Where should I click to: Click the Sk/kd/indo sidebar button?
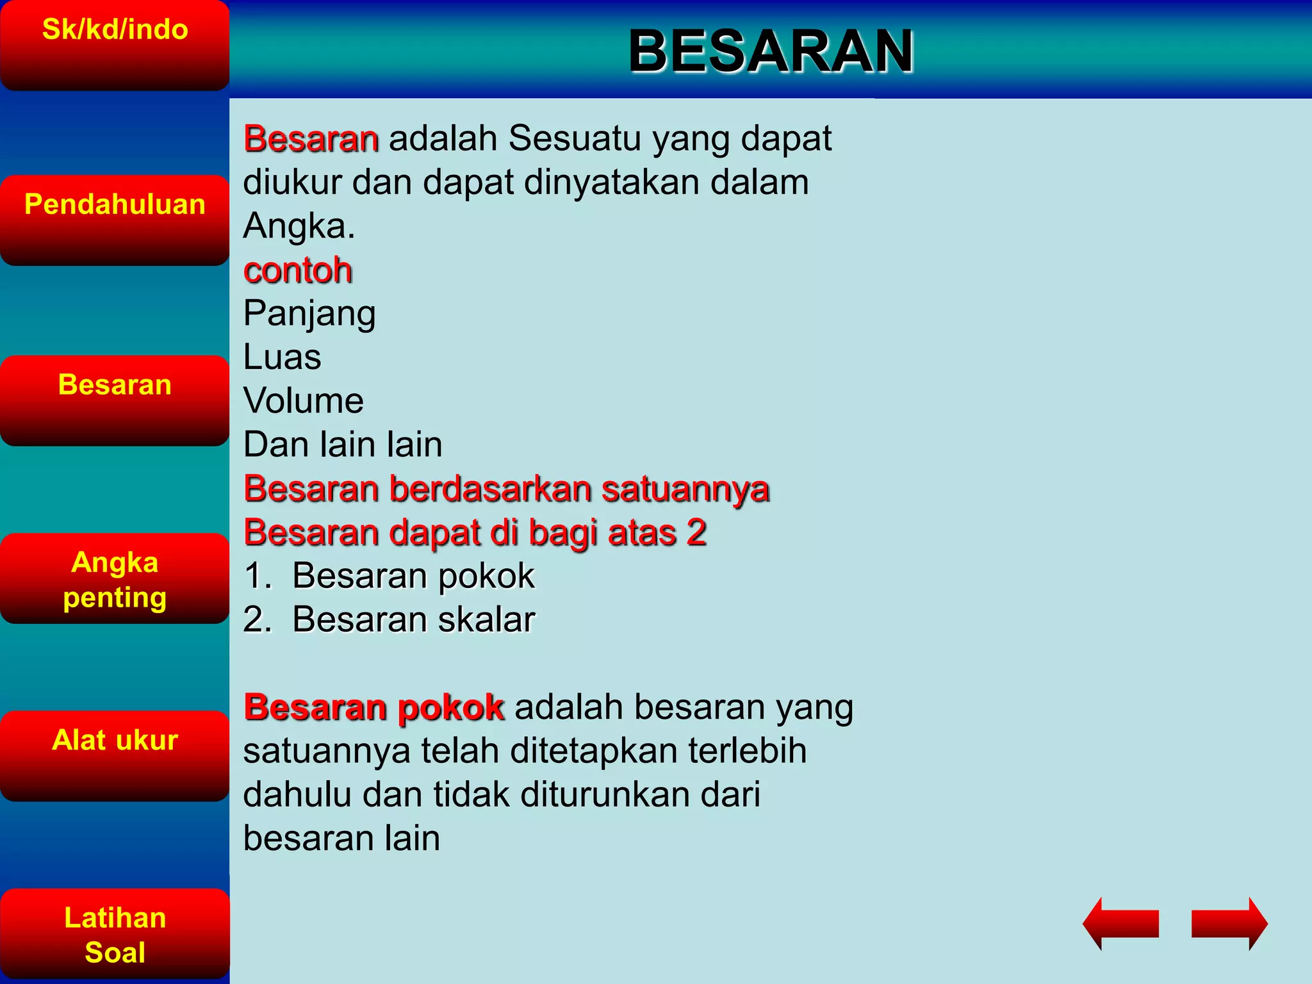coord(115,45)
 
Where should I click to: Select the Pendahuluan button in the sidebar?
coord(115,220)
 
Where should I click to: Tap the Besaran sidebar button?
coord(115,400)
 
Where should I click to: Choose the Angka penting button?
coord(115,578)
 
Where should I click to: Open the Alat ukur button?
coord(115,756)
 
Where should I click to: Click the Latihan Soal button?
coord(115,934)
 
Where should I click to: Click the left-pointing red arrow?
coord(1120,923)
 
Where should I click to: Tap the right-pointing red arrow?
coord(1229,923)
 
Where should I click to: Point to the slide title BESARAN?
coord(771,51)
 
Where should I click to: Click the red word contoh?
coord(298,270)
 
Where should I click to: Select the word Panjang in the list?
coord(309,315)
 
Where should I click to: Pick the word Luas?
coord(283,357)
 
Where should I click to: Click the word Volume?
coord(304,401)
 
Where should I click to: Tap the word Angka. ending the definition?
coord(299,226)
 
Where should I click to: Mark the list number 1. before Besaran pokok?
coord(257,576)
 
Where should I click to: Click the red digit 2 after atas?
coord(696,532)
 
